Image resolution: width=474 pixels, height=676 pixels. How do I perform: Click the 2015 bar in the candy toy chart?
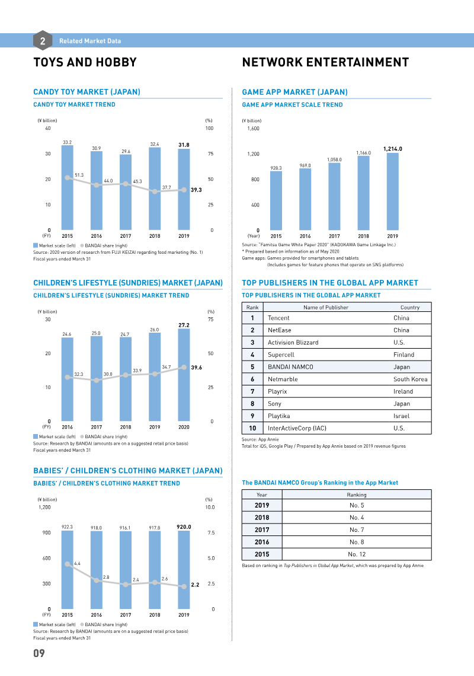[67, 187]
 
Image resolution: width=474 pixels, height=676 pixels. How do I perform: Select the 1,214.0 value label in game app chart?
[393, 149]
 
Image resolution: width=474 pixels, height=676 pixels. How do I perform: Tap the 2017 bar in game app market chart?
[334, 197]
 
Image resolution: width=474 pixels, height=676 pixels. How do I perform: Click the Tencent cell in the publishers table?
[279, 318]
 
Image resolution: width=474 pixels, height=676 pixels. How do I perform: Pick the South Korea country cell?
[410, 380]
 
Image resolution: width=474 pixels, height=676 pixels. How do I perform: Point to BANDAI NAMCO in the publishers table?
[290, 367]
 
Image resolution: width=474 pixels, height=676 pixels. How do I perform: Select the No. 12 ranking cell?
[357, 554]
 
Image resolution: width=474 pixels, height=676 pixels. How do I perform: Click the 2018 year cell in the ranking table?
[262, 517]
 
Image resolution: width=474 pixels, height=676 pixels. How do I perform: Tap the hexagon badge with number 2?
[43, 40]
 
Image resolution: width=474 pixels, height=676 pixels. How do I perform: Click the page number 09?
[39, 653]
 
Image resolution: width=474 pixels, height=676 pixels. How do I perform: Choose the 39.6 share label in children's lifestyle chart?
[197, 367]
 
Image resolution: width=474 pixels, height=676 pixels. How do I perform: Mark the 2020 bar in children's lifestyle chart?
[184, 375]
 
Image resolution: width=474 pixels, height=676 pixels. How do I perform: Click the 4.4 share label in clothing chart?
[77, 563]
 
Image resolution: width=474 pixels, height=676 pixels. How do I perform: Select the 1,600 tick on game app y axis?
[254, 129]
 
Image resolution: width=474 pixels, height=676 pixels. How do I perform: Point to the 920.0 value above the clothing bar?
[184, 527]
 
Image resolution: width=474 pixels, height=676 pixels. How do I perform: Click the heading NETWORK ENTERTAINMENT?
[325, 62]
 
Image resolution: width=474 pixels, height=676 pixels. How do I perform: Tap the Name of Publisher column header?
[326, 307]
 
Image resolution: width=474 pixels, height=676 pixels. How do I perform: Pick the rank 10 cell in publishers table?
[252, 428]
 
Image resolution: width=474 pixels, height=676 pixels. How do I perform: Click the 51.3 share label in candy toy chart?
[79, 175]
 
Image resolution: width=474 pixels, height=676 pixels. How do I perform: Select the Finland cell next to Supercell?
[403, 355]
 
